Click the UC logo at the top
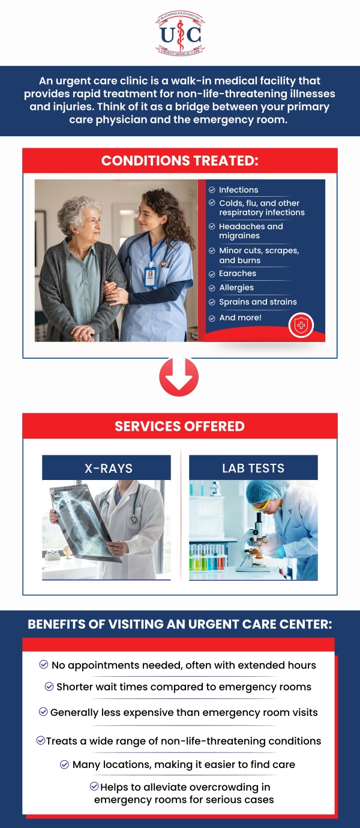tap(180, 34)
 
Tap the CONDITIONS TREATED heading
tap(180, 161)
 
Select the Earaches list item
tap(238, 274)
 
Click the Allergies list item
tap(236, 288)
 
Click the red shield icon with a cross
tap(301, 326)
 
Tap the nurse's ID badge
tap(150, 276)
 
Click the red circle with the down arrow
tap(179, 377)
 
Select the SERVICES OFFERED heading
tap(180, 427)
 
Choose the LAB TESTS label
tap(253, 469)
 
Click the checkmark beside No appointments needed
tap(44, 665)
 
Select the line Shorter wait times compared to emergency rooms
tap(184, 687)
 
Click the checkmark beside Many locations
tap(65, 764)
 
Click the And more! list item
tap(240, 318)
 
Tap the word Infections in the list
tap(238, 190)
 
